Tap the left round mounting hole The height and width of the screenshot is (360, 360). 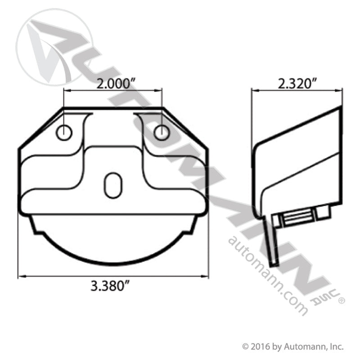pos(64,133)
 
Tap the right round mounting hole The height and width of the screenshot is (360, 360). pos(161,133)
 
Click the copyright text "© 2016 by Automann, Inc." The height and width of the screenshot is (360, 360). pos(292,346)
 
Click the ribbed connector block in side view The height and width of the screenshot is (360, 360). pos(297,218)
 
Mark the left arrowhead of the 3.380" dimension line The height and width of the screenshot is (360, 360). pos(20,275)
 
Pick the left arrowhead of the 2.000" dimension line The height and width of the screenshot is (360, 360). pos(66,90)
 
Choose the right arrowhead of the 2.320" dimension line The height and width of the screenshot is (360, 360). pos(351,90)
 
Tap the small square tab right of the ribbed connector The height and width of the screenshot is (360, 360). pos(322,212)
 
